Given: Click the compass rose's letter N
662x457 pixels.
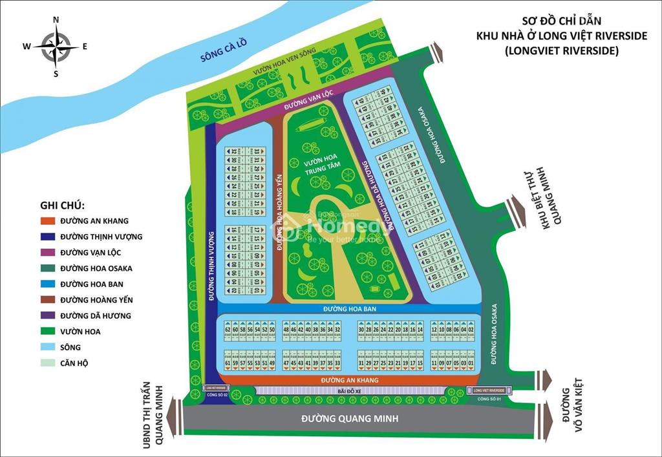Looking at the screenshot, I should (56, 20).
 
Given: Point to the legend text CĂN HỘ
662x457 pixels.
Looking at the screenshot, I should (74, 363).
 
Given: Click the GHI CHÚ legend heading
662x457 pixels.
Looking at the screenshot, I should (62, 205).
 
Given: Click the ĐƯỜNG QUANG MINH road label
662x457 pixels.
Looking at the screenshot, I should (350, 419).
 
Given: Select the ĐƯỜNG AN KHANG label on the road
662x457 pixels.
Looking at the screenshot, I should (350, 380).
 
